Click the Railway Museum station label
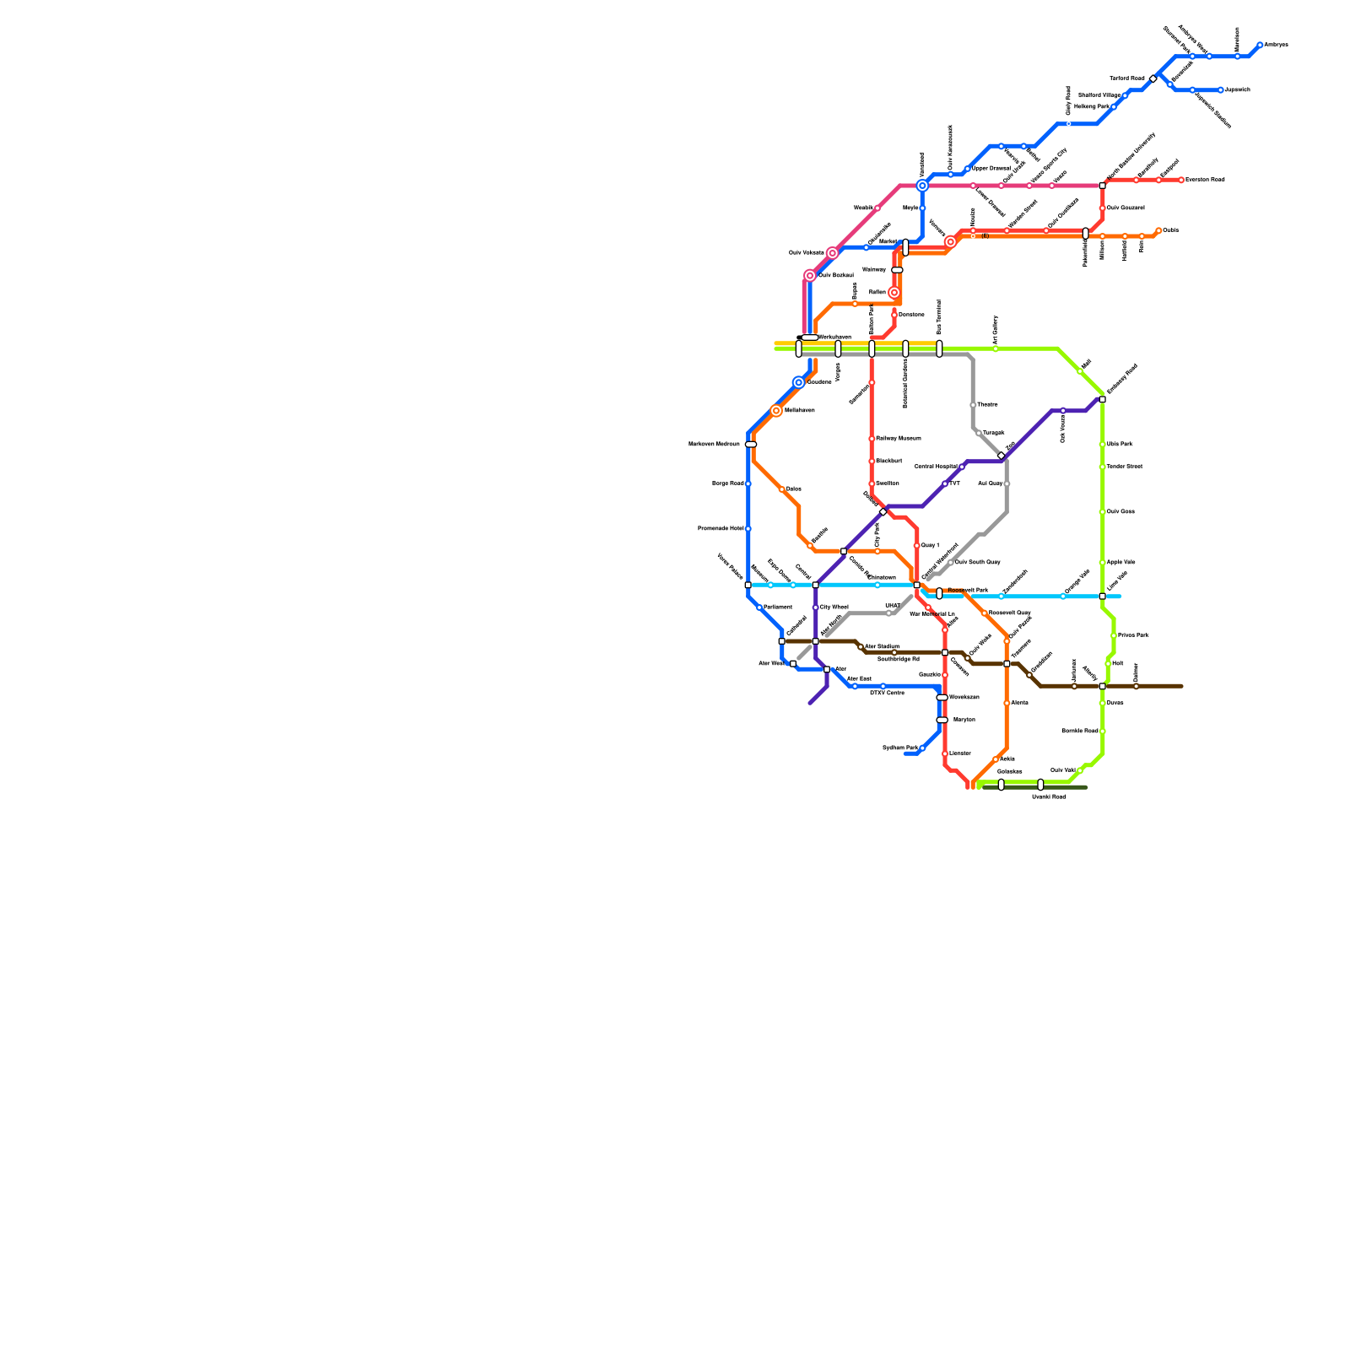pyautogui.click(x=898, y=439)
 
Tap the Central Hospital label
pyautogui.click(x=936, y=467)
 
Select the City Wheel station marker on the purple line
pyautogui.click(x=816, y=607)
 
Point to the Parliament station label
pyautogui.click(x=778, y=607)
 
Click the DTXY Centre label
pyautogui.click(x=887, y=694)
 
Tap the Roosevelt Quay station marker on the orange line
pyautogui.click(x=985, y=613)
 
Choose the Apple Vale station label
pyautogui.click(x=1120, y=562)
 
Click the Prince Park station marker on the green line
pyautogui.click(x=1114, y=635)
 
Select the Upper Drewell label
pyautogui.click(x=991, y=169)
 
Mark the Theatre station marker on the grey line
pyautogui.click(x=973, y=405)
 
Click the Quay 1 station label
pyautogui.click(x=930, y=546)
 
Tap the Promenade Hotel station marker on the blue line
pyautogui.click(x=748, y=529)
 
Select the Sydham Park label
pyautogui.click(x=899, y=748)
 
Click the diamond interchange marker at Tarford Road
pyautogui.click(x=1153, y=78)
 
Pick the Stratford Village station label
pyautogui.click(x=1099, y=95)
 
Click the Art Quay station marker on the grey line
pyautogui.click(x=1007, y=484)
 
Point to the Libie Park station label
pyautogui.click(x=1120, y=444)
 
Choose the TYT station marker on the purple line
pyautogui.click(x=945, y=484)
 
